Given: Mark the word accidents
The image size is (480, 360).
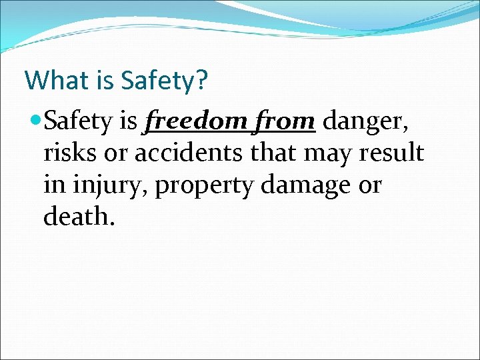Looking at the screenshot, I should pyautogui.click(x=184, y=153).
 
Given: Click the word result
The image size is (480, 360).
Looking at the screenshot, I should pyautogui.click(x=389, y=153).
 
